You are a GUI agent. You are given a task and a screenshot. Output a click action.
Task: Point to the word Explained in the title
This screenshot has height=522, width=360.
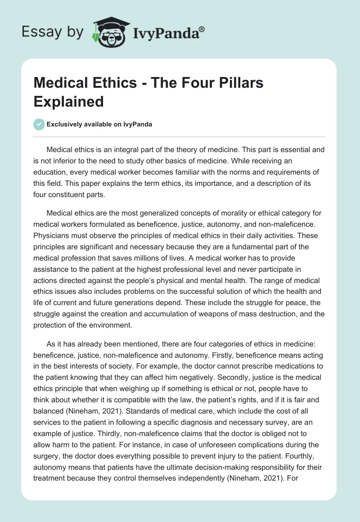point(68,101)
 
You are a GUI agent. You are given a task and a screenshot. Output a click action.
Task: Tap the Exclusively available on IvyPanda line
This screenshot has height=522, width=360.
point(99,125)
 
